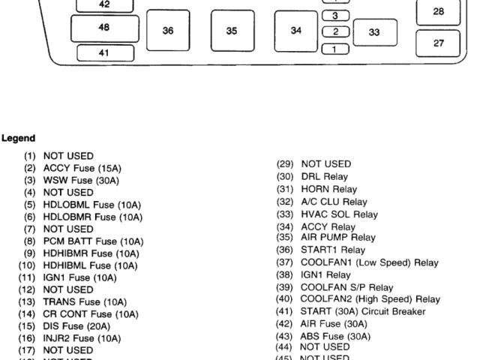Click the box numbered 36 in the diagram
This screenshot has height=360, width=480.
tap(168, 31)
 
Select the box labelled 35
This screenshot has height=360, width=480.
tap(232, 31)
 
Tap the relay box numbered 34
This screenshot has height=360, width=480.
tap(296, 31)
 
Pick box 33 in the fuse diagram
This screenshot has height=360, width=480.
tap(373, 32)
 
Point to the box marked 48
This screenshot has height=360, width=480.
tap(103, 28)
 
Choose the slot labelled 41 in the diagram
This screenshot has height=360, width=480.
tap(103, 52)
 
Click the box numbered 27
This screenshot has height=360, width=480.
tap(439, 43)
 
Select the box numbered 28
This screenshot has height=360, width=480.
tap(439, 11)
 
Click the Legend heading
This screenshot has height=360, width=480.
tap(18, 139)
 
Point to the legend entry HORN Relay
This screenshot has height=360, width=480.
tap(328, 190)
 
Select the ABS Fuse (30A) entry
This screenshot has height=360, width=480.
tap(335, 337)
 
